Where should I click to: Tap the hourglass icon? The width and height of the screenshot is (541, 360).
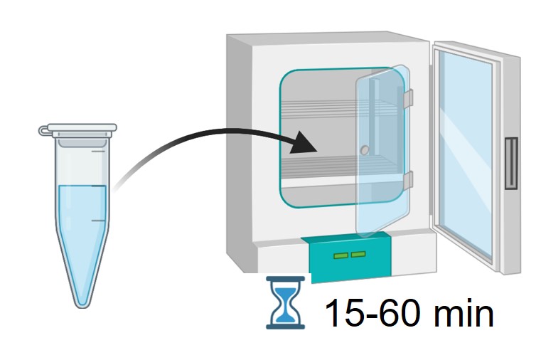284,302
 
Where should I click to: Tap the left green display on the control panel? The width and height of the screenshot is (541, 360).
341,254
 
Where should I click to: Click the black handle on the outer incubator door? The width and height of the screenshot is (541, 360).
510,164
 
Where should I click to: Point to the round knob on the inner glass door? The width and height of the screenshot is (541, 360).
365,150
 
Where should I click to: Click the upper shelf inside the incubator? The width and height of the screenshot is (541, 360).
320,106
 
